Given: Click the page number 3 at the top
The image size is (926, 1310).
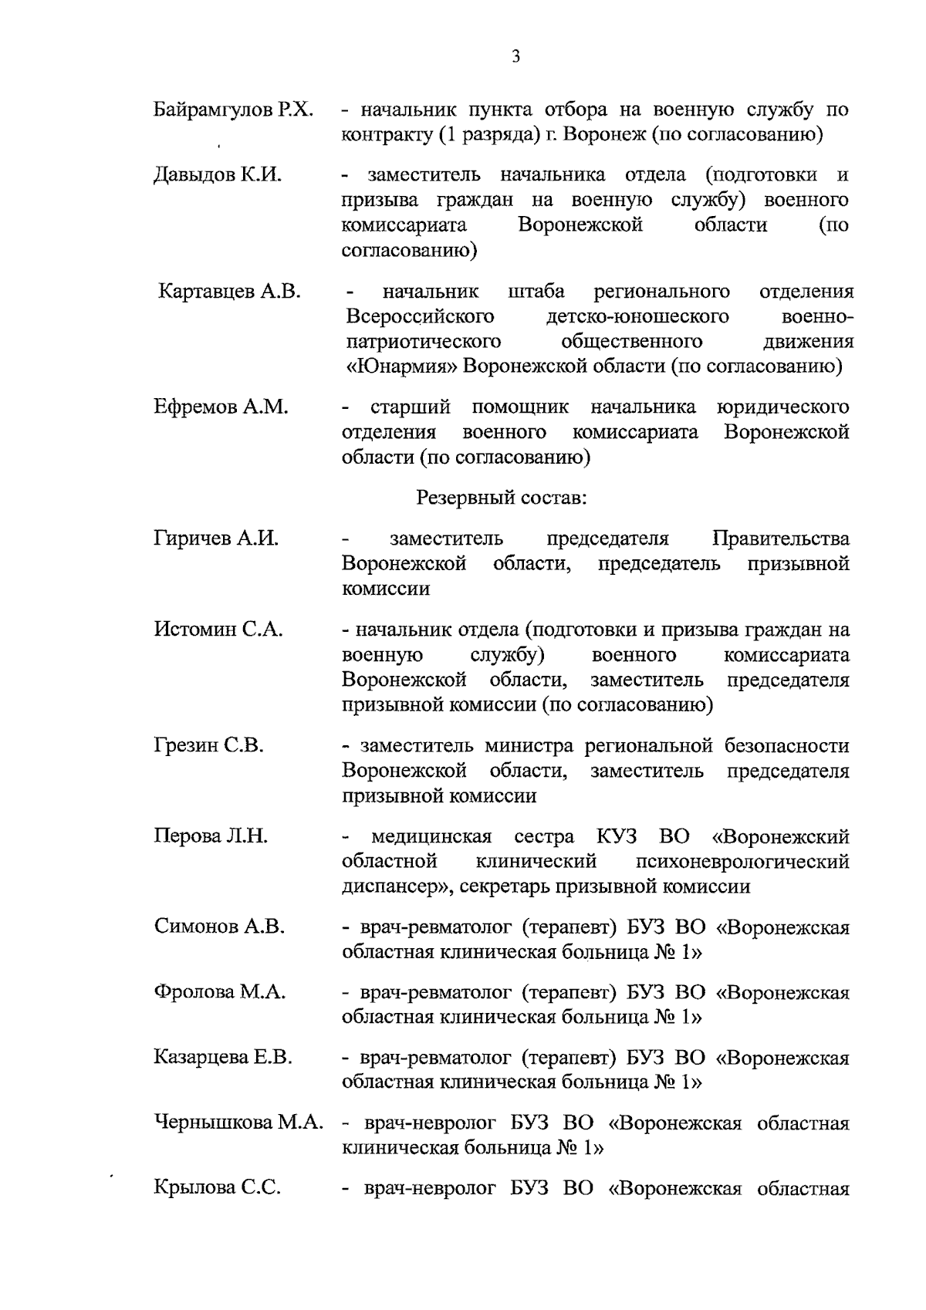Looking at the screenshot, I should pyautogui.click(x=515, y=56).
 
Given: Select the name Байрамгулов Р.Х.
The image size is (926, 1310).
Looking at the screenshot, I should pyautogui.click(x=233, y=110).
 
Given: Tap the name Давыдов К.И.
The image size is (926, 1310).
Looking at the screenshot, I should pyautogui.click(x=218, y=175).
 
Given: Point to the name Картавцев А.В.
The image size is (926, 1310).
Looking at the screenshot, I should pyautogui.click(x=229, y=292).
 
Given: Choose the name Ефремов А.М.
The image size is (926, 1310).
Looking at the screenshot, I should pyautogui.click(x=221, y=407).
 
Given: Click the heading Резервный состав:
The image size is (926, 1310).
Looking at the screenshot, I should pyautogui.click(x=502, y=498).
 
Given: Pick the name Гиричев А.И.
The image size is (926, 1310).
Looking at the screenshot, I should pyautogui.click(x=216, y=539).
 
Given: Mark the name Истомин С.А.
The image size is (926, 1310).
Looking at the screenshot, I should pyautogui.click(x=218, y=630).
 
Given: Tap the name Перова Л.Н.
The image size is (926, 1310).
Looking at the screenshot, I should pyautogui.click(x=211, y=836).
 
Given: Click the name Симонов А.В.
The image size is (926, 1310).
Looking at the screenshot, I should pyautogui.click(x=219, y=927).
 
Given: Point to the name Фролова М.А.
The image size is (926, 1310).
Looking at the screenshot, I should pyautogui.click(x=220, y=992).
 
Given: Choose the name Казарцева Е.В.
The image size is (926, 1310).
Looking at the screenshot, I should pyautogui.click(x=223, y=1057).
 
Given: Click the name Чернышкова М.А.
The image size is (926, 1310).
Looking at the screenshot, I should pyautogui.click(x=238, y=1123).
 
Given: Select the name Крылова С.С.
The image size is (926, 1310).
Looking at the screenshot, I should pyautogui.click(x=217, y=1188).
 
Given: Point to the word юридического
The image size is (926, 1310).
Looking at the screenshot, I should pyautogui.click(x=782, y=407).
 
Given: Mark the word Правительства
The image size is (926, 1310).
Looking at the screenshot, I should pyautogui.click(x=781, y=539).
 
